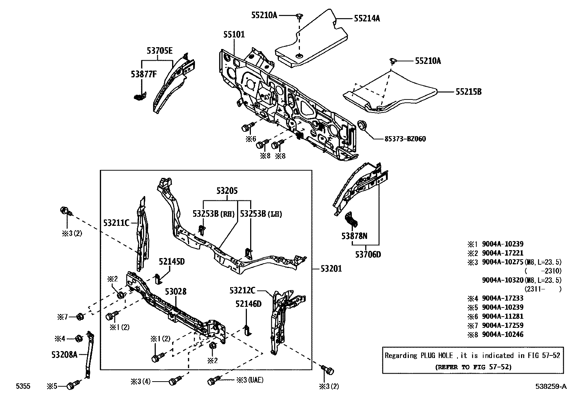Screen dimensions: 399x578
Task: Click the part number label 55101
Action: (234, 34)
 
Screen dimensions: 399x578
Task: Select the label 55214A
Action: (367, 18)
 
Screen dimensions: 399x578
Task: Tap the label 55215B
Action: (468, 92)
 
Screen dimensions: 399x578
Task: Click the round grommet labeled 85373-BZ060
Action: (363, 125)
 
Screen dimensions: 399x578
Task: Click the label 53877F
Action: (144, 74)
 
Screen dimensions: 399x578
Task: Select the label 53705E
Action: (159, 51)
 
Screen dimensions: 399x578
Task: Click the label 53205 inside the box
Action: (227, 191)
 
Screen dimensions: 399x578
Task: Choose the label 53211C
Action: (116, 223)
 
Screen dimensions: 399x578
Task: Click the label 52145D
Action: (172, 261)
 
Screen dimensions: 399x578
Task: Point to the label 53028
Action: (176, 292)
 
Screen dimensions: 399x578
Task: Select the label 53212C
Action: (242, 290)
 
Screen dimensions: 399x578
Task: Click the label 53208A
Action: (64, 354)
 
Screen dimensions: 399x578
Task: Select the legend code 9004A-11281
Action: (502, 316)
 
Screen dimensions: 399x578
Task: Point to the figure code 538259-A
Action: (550, 386)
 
